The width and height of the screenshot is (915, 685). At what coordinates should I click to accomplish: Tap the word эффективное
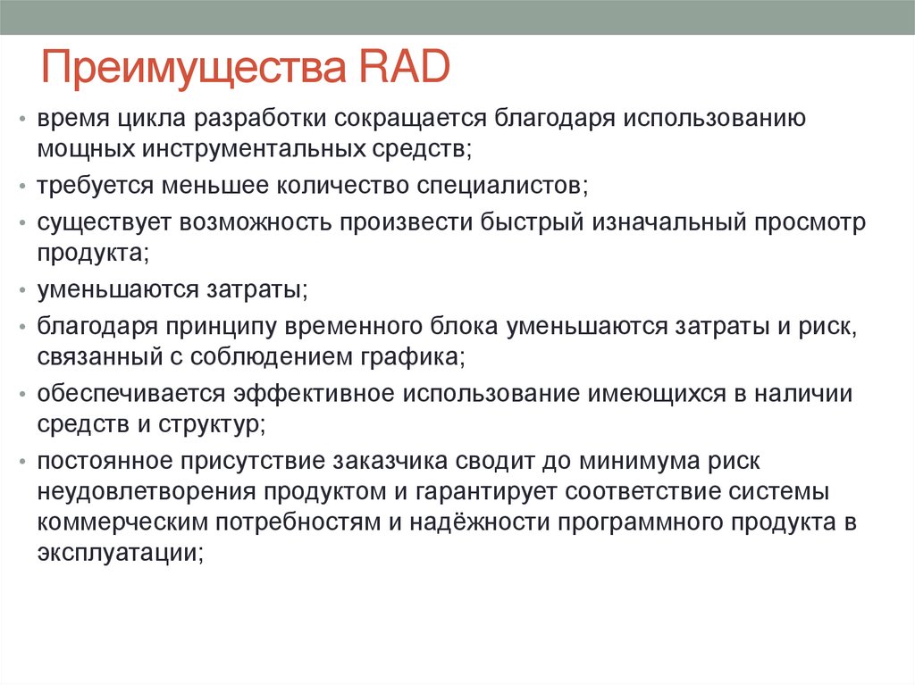point(318,394)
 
